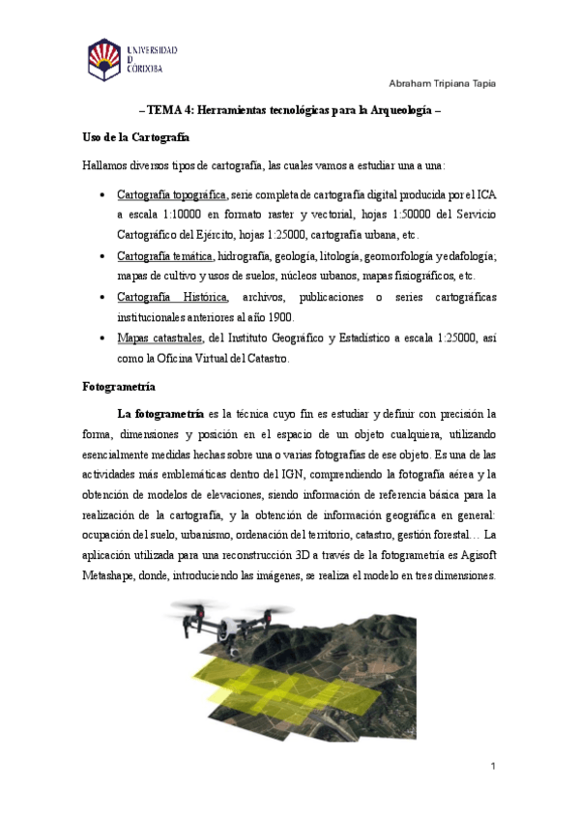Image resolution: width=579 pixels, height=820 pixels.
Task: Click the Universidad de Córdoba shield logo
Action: (104, 59)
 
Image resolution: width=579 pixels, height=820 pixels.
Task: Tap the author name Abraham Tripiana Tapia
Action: (442, 83)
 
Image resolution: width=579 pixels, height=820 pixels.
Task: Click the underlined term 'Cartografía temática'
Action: (165, 255)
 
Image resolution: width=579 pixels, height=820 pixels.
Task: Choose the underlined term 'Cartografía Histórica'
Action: (172, 297)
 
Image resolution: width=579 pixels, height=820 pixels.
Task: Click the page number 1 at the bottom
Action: (493, 767)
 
